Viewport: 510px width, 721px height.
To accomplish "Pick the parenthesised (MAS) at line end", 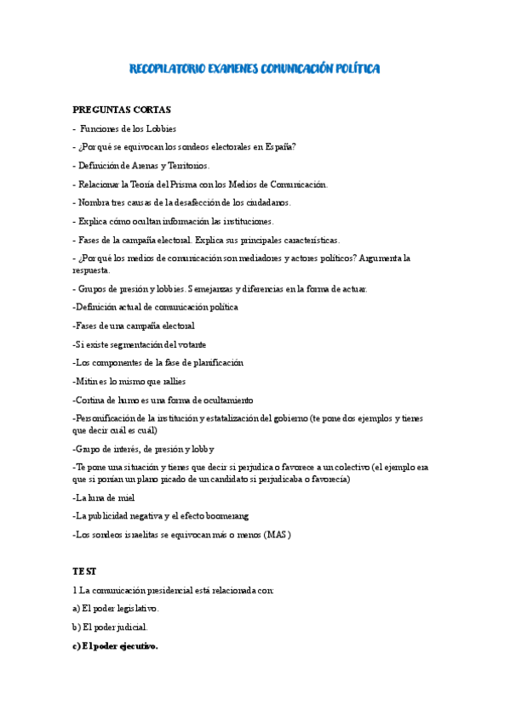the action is point(277,535).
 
